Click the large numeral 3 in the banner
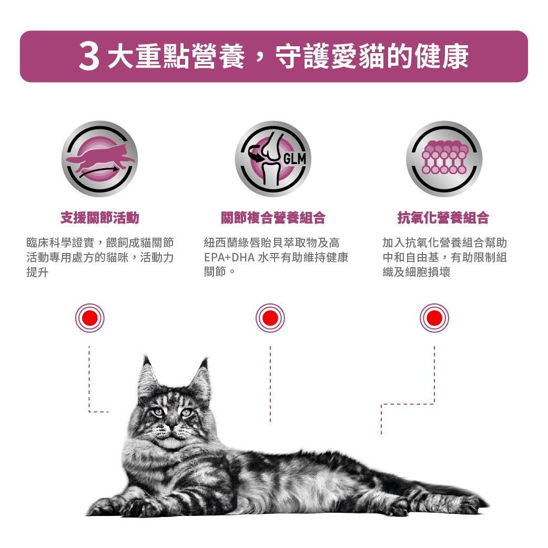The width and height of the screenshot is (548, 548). pyautogui.click(x=90, y=57)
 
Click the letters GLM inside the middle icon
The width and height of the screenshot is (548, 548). pyautogui.click(x=295, y=159)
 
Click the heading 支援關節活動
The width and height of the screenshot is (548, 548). pyautogui.click(x=100, y=217)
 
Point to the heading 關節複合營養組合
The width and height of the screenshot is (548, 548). pyautogui.click(x=273, y=217)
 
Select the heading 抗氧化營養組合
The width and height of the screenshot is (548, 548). pyautogui.click(x=443, y=217)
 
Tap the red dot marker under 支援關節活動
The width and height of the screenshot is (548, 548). pyautogui.click(x=90, y=318)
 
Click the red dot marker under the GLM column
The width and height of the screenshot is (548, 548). pyautogui.click(x=270, y=318)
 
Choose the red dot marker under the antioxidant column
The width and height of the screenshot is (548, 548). pyautogui.click(x=434, y=318)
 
